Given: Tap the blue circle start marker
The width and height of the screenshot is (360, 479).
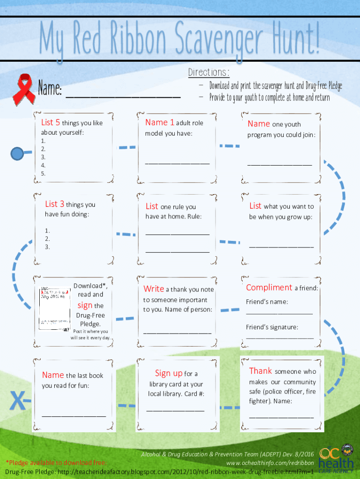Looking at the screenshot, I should click(18, 152).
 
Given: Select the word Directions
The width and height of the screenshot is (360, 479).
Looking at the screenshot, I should click(209, 73).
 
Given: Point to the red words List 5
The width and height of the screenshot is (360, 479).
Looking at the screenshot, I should click(50, 123).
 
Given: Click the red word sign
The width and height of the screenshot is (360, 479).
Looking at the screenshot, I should click(85, 305).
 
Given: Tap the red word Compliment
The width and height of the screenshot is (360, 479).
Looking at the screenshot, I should click(269, 288).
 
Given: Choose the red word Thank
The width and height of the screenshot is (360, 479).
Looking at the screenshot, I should click(260, 371).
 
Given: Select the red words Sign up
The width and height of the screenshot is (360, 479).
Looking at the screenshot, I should click(169, 373).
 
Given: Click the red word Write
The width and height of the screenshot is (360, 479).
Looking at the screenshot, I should click(153, 289).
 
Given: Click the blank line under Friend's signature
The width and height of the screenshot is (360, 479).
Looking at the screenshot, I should click(280, 337).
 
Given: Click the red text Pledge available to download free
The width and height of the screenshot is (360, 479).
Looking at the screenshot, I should click(56, 463).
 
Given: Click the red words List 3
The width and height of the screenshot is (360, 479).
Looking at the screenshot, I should click(55, 204).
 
